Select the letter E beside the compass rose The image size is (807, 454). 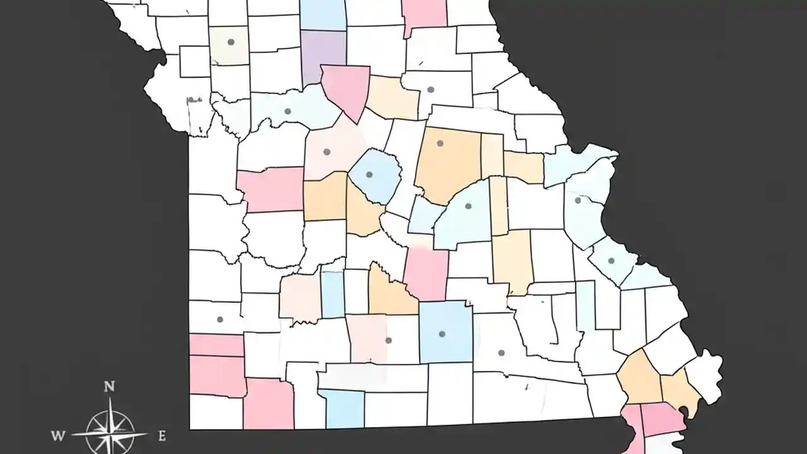(x=161, y=435)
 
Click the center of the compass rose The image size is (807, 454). (x=110, y=433)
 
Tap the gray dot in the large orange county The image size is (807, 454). (x=440, y=144)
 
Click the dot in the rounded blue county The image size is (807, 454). (x=369, y=175)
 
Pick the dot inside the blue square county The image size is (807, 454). (x=441, y=334)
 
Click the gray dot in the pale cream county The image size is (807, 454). (x=231, y=42)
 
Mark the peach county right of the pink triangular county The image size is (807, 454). (x=394, y=98)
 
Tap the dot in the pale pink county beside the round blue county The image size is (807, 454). (x=327, y=151)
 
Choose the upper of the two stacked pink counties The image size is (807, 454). (x=216, y=345)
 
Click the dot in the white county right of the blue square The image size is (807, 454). (x=501, y=352)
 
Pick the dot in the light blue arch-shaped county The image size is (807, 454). (x=468, y=206)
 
